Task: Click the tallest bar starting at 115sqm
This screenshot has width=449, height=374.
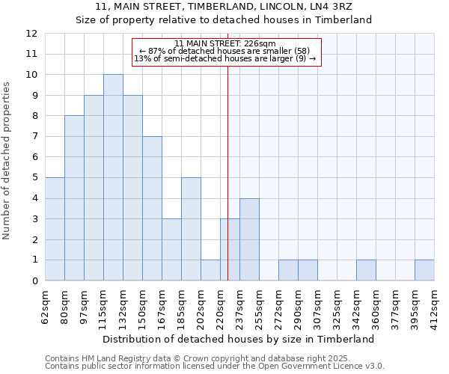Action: click(x=113, y=178)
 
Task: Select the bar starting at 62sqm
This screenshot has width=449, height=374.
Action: click(x=55, y=229)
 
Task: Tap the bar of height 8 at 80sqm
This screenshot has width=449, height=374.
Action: click(x=74, y=198)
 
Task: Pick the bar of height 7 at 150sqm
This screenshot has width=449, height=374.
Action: click(x=152, y=209)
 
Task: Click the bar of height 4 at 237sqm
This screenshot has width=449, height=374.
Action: click(x=249, y=239)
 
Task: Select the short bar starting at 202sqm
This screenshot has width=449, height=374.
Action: click(x=210, y=270)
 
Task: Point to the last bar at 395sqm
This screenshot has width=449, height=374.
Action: click(x=424, y=270)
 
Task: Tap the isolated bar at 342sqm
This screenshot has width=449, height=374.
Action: click(x=366, y=270)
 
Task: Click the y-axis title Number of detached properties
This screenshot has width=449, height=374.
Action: click(x=7, y=161)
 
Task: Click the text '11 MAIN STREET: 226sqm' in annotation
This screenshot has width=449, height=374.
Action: click(x=225, y=43)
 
